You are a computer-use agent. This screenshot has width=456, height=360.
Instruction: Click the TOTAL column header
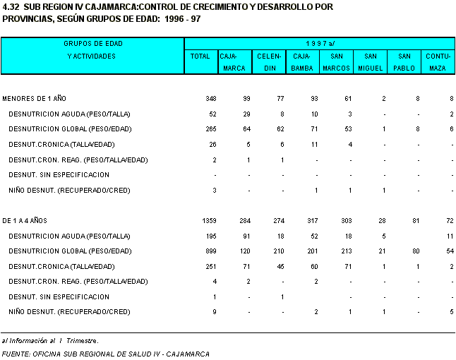tap(201, 56)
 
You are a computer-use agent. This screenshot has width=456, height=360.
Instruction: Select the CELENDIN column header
tap(269, 61)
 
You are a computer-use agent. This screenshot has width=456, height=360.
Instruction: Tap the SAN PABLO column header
tap(404, 61)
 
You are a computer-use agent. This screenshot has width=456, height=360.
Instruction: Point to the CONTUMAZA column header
tap(438, 61)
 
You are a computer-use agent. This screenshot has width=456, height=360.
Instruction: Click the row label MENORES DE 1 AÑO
tap(35, 98)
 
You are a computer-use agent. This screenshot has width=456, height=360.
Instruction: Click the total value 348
tap(210, 98)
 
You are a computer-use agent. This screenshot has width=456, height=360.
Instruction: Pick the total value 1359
tap(208, 221)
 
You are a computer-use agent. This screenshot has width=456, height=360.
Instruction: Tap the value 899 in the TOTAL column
tap(210, 251)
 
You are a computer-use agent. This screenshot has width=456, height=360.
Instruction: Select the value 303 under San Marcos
tap(344, 221)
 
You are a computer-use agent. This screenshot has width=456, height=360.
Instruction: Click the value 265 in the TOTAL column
tap(210, 129)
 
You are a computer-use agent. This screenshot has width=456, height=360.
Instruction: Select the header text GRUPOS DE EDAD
tap(92, 43)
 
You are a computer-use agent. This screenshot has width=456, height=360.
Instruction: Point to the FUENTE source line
tap(106, 354)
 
